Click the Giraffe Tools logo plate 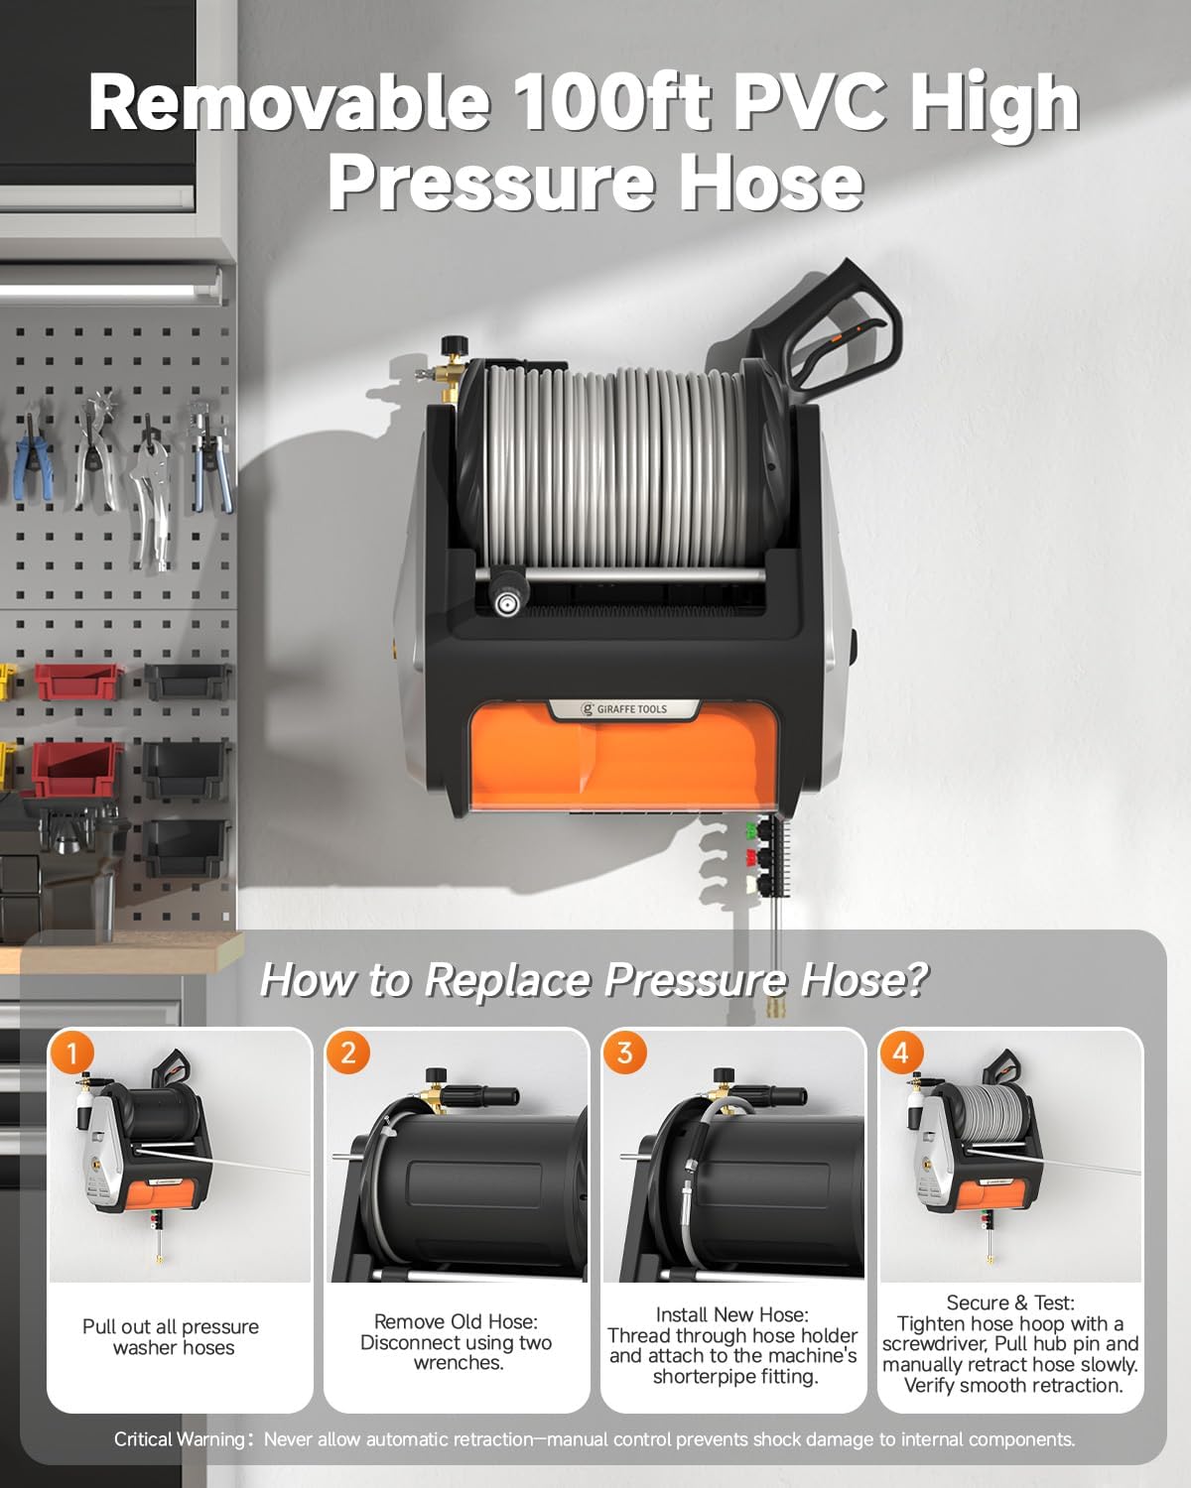point(624,709)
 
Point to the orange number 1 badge point(71,1054)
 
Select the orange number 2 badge point(348,1054)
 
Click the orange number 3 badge point(625,1054)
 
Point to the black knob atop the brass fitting point(454,343)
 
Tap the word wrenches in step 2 point(459,1363)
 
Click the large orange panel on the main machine point(624,759)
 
